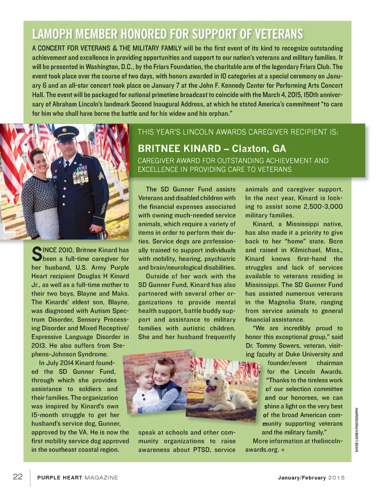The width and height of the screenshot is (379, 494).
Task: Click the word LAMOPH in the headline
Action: pyautogui.click(x=52, y=34)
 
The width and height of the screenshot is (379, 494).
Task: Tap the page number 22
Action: pyautogui.click(x=17, y=477)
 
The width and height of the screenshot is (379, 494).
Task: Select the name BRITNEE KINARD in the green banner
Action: pyautogui.click(x=179, y=148)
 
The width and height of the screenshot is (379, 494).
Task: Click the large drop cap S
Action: pyautogui.click(x=37, y=254)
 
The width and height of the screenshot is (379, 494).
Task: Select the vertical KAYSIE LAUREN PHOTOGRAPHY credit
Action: pyautogui.click(x=357, y=430)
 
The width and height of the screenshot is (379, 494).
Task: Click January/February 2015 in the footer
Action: pyautogui.click(x=311, y=478)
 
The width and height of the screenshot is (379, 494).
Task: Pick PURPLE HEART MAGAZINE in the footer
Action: pyautogui.click(x=77, y=478)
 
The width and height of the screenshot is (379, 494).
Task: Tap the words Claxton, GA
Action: pyautogui.click(x=259, y=148)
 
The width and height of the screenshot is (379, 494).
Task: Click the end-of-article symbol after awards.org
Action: pyautogui.click(x=283, y=450)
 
